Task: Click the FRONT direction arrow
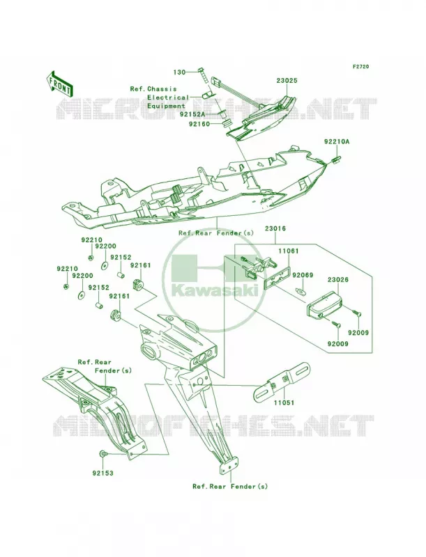tap(60, 84)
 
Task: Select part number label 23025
tap(287, 81)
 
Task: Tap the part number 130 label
tap(180, 72)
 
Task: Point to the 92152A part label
tap(192, 114)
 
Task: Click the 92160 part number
tap(199, 124)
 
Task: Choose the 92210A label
tap(337, 141)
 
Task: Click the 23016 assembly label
tap(275, 229)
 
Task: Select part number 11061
tap(289, 251)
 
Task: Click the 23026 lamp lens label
tap(338, 280)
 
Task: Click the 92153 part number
tap(102, 473)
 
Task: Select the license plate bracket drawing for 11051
tap(282, 382)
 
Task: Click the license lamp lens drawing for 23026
tap(324, 303)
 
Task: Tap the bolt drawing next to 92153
tap(102, 454)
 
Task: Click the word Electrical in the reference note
tap(168, 97)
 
